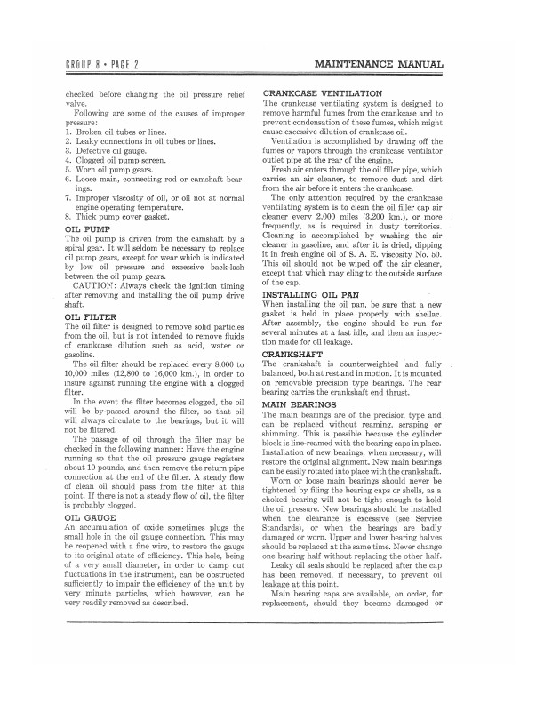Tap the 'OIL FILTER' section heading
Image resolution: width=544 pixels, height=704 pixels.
(92, 316)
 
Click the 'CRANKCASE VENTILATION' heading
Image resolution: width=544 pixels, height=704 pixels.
(323, 93)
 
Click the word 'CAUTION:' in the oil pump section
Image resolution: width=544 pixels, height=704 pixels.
(99, 286)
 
